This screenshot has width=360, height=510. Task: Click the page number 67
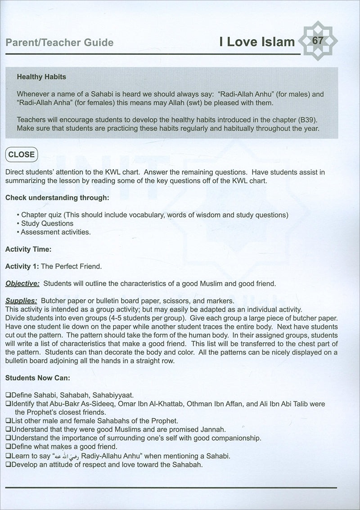click(x=317, y=41)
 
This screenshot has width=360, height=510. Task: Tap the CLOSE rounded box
click(x=22, y=154)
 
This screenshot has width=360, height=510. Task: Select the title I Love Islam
click(x=257, y=42)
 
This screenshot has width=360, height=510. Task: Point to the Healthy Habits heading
click(x=41, y=77)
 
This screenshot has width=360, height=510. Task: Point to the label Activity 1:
click(x=22, y=266)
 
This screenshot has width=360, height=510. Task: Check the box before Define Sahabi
click(x=8, y=395)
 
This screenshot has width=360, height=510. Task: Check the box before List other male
click(x=8, y=421)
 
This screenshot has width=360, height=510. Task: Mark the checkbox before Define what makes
click(x=8, y=447)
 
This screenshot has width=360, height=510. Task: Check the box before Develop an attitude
click(x=8, y=464)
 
